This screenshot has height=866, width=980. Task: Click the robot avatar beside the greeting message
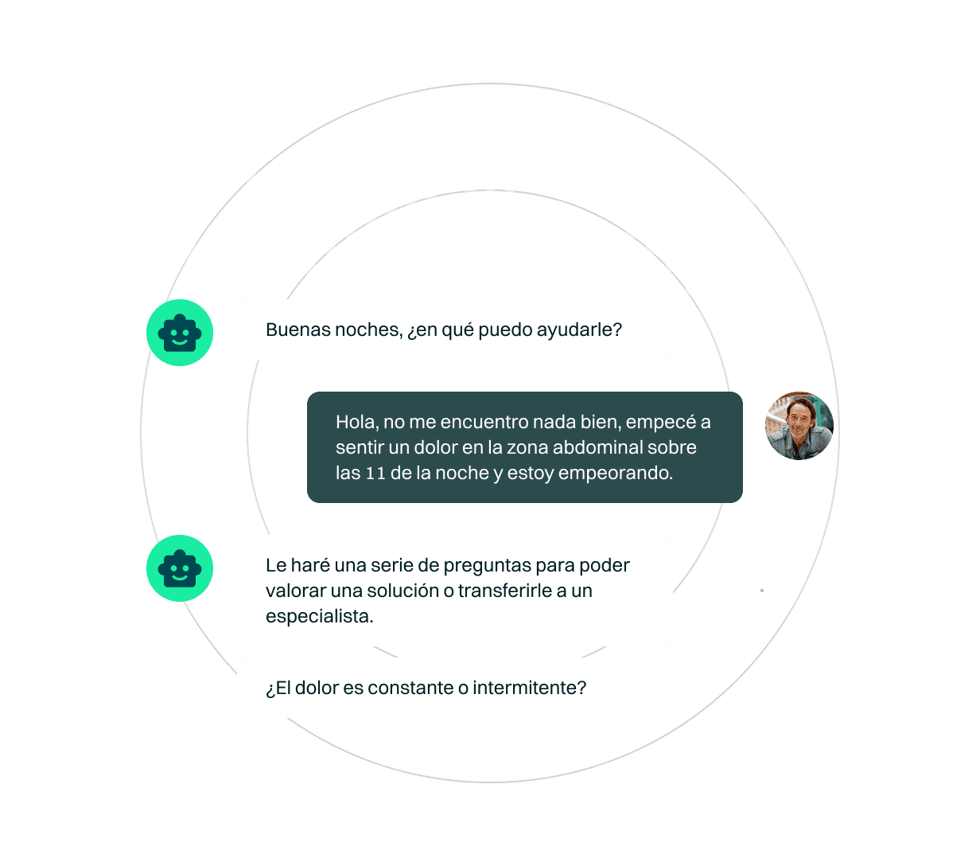point(180,333)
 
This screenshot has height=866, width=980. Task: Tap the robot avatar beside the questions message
point(180,568)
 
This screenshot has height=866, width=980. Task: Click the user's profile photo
point(799,426)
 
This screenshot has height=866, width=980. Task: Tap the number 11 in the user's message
point(375,473)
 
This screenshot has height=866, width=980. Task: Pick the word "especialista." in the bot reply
point(320,617)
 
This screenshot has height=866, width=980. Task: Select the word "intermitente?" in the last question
point(529,688)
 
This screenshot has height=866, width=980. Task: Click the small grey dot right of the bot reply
point(762,591)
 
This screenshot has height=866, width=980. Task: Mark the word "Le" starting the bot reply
point(276,565)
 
